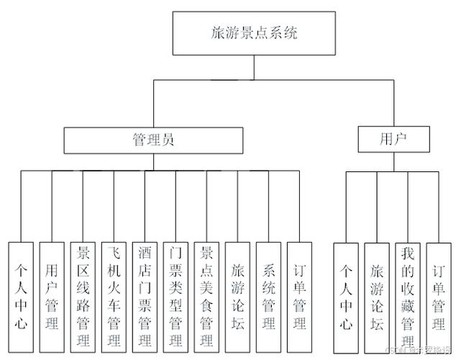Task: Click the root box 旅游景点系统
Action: [x=254, y=32]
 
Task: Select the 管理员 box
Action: [x=153, y=139]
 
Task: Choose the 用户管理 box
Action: [x=51, y=296]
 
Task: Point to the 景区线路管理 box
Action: [x=83, y=296]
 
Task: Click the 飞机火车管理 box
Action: [x=114, y=296]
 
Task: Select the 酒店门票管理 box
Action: [x=145, y=296]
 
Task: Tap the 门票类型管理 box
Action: [x=175, y=296]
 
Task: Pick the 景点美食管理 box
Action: [x=206, y=296]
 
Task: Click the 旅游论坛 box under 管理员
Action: [x=237, y=296]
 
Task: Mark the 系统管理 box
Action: [x=268, y=296]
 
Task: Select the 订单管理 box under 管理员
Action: [x=299, y=296]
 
